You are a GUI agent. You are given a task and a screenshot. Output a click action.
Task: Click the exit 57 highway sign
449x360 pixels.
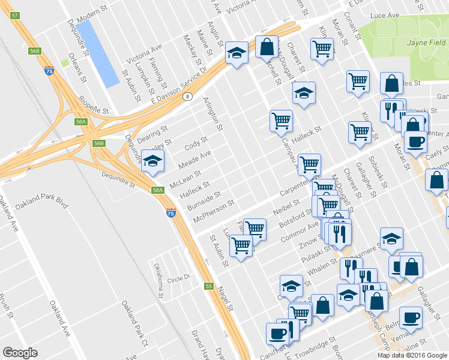[x=16, y=16]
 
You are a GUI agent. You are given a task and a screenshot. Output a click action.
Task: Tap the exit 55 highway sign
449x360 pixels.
[x=208, y=286]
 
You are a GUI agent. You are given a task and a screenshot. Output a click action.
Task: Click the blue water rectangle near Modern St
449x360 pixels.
[x=97, y=53]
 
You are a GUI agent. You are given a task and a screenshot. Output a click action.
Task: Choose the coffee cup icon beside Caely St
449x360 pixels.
[x=415, y=141]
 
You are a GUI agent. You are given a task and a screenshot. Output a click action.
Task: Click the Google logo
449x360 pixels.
[x=20, y=353]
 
